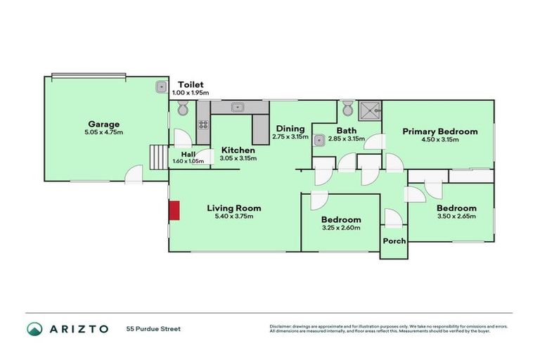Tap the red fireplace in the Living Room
coord(174,210)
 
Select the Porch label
coord(394,241)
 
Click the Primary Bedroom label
coord(439,131)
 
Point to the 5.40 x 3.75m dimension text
coord(234,216)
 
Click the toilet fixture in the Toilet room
coord(183,108)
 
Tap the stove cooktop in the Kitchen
coord(204,125)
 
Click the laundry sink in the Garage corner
coord(161,87)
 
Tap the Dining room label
coord(290,129)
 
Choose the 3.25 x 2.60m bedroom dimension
coord(341,228)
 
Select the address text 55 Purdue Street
coord(153,329)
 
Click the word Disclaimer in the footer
coord(281,327)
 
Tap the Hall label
coord(188,155)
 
